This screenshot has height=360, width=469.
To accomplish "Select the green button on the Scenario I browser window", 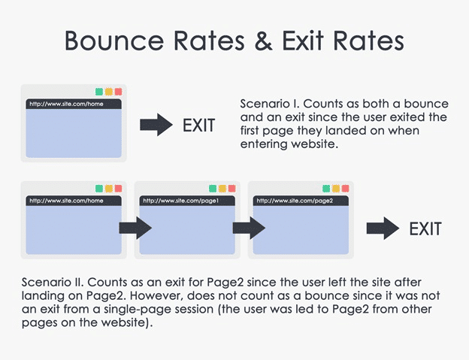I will tap(99, 92).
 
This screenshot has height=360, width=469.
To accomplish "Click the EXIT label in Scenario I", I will tap(198, 125).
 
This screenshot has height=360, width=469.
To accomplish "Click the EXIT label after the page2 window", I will tap(425, 228).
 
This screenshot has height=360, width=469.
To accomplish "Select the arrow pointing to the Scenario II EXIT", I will tap(383, 228).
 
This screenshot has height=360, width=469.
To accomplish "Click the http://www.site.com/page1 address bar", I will tap(187, 201).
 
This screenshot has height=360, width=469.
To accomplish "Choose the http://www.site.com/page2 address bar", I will tap(300, 201).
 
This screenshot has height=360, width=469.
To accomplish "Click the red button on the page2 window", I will tap(345, 188).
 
